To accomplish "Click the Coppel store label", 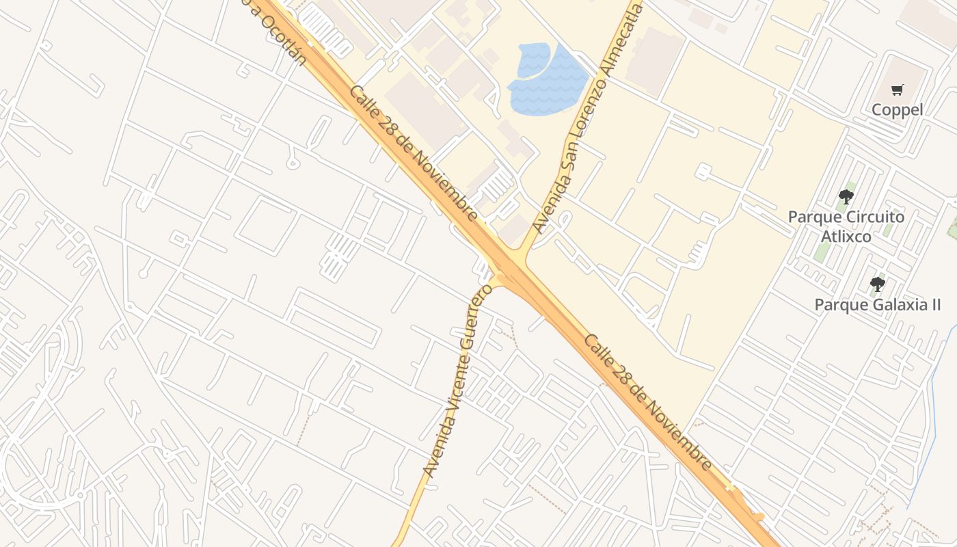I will click(897, 109).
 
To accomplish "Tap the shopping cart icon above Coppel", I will click(897, 90).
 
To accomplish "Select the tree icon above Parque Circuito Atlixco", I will click(846, 197).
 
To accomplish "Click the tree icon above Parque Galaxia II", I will click(877, 284).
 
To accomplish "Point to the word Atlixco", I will click(846, 237).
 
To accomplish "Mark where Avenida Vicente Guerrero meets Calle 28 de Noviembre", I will click(500, 276).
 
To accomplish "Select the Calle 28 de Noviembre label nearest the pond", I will click(414, 153).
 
